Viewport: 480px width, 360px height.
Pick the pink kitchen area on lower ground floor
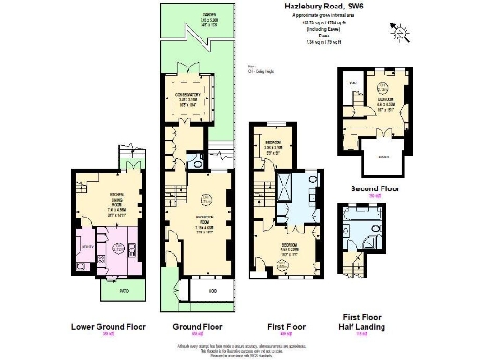[x=120, y=248]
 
